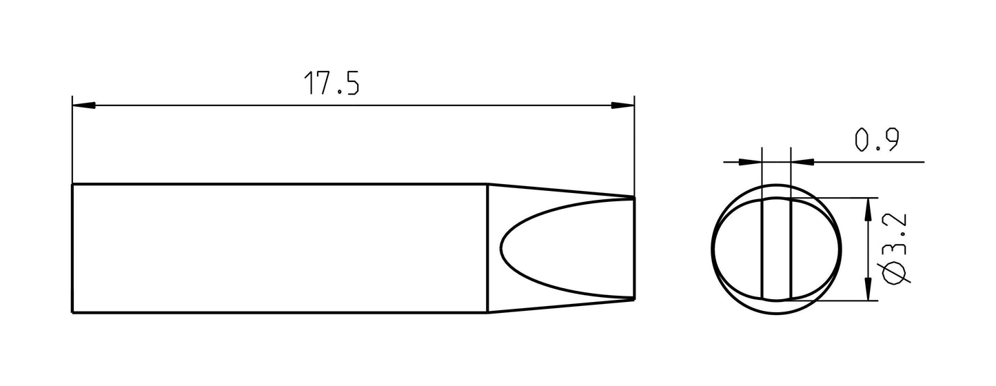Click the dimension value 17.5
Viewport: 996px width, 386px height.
pos(332,83)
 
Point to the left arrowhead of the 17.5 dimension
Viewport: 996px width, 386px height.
pos(83,105)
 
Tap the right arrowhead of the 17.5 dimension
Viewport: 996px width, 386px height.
pos(623,105)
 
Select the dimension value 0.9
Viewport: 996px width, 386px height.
pos(875,141)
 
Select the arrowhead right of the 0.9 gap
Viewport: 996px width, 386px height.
pos(801,163)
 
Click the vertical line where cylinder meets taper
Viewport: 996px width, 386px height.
pos(487,248)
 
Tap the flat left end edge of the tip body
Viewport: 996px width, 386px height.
pos(72,248)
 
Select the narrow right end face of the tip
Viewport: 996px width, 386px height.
pos(633,248)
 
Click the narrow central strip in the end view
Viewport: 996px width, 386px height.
pos(776,248)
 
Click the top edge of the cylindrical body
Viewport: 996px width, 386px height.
pos(276,184)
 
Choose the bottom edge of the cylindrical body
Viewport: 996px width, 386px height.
pos(276,313)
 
